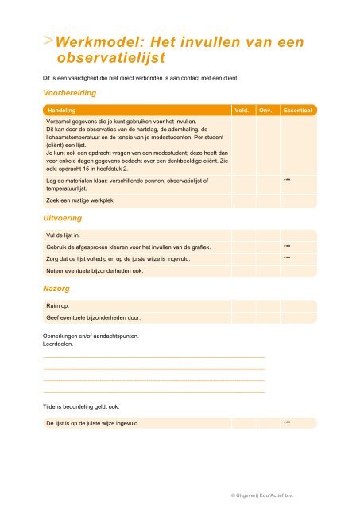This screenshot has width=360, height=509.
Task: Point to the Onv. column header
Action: [266, 111]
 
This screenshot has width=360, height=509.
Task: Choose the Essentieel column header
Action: [299, 111]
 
